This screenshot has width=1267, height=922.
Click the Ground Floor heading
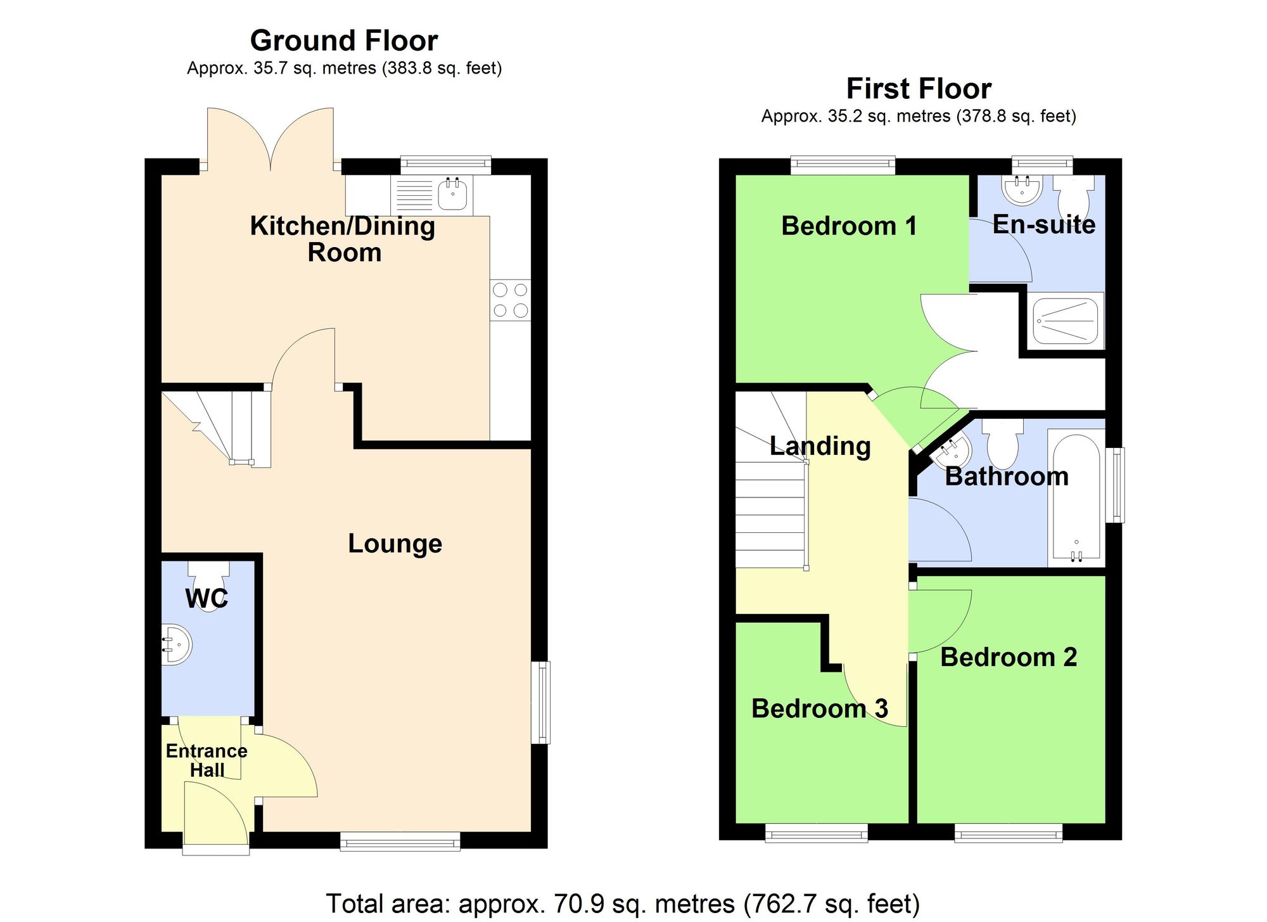click(x=343, y=41)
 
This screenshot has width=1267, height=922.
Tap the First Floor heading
click(x=918, y=89)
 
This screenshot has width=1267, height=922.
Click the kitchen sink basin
click(x=452, y=194)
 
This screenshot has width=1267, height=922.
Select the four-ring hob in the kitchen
click(x=510, y=300)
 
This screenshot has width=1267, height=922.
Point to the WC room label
click(x=207, y=598)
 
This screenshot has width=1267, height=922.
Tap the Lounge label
click(x=395, y=544)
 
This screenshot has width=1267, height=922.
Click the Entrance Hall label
click(x=207, y=760)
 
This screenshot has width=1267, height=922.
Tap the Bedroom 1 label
click(x=848, y=226)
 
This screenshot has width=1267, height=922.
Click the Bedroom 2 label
click(x=1008, y=657)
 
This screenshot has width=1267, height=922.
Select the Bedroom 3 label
click(x=819, y=708)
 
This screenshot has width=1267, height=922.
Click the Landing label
click(x=820, y=446)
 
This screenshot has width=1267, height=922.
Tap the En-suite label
click(x=1043, y=225)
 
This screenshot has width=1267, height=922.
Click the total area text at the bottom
click(x=622, y=904)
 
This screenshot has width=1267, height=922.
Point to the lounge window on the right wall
click(x=540, y=702)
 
